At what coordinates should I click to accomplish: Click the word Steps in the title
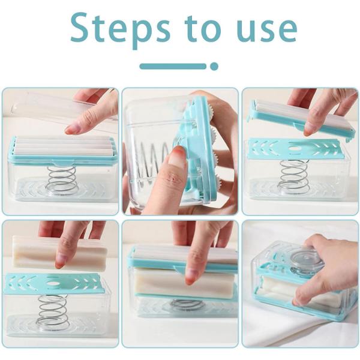click(x=121, y=29)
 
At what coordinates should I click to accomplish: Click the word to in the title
click(x=203, y=29)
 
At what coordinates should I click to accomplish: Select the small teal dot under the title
click(x=214, y=67)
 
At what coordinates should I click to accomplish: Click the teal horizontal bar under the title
click(x=173, y=67)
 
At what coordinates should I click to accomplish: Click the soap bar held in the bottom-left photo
click(x=59, y=253)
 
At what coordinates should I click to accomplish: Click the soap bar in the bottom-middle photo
click(x=184, y=284)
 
